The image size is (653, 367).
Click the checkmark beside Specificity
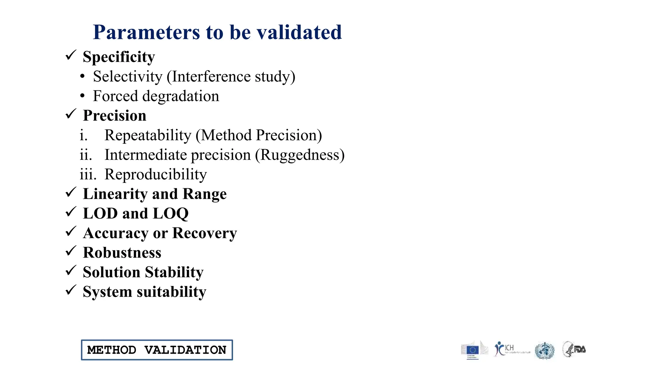(71, 55)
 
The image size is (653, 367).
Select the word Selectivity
(128, 77)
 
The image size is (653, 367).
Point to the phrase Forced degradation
(156, 96)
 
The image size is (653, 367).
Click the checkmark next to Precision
(71, 114)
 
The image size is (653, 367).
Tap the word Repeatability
(148, 135)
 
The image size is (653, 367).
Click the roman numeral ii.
(85, 155)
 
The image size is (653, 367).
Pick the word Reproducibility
(156, 175)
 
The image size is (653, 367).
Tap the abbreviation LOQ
(171, 214)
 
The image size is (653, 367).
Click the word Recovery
(205, 233)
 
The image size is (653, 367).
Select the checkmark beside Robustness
(71, 251)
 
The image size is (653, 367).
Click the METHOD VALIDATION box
(157, 350)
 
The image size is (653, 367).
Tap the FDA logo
(575, 349)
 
